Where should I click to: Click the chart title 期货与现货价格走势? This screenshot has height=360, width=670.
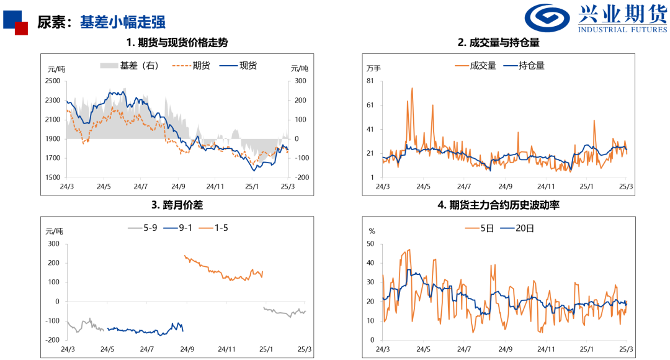click(177, 43)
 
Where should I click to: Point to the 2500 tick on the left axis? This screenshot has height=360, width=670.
click(53, 81)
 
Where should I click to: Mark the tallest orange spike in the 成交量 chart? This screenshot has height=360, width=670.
click(412, 89)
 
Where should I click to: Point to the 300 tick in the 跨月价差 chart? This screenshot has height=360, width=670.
click(55, 244)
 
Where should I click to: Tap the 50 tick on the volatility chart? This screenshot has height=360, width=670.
click(371, 244)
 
